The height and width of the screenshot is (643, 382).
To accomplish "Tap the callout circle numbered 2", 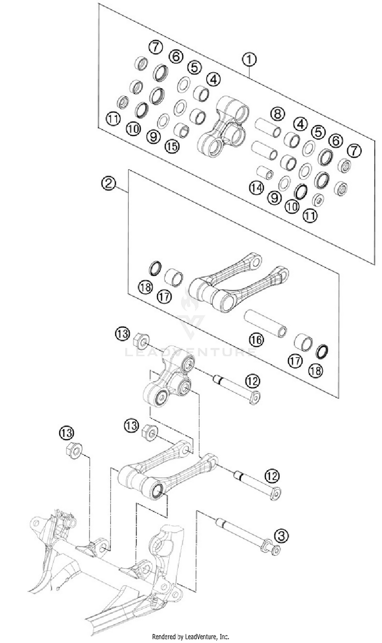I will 108,183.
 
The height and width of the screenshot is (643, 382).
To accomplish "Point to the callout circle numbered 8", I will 278,114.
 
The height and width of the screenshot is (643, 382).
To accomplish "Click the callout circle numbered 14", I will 256,188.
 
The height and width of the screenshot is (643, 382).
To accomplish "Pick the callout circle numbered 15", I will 172,146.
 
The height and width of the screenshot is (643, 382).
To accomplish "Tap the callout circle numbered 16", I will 256,340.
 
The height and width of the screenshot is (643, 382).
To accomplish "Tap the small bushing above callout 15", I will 182,129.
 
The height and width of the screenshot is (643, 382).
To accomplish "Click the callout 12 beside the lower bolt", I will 272,476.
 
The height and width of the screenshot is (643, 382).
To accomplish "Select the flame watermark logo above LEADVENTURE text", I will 190,300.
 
